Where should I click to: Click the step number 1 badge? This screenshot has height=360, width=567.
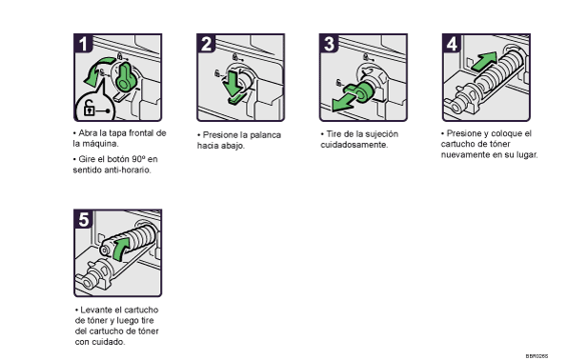click(83, 44)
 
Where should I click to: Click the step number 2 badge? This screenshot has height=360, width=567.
click(206, 44)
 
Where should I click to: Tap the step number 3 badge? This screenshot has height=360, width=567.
click(329, 44)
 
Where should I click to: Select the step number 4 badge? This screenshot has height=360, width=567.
click(452, 44)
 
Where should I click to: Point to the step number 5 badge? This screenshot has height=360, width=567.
click(83, 219)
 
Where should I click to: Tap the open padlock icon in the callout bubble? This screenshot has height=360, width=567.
click(90, 108)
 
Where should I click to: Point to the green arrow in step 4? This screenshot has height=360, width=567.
click(484, 61)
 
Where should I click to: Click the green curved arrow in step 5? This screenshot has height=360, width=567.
click(120, 248)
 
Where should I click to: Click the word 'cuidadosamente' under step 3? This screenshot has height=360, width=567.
click(354, 145)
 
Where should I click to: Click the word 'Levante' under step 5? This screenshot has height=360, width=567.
click(94, 310)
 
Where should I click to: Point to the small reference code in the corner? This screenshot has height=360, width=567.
click(537, 356)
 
